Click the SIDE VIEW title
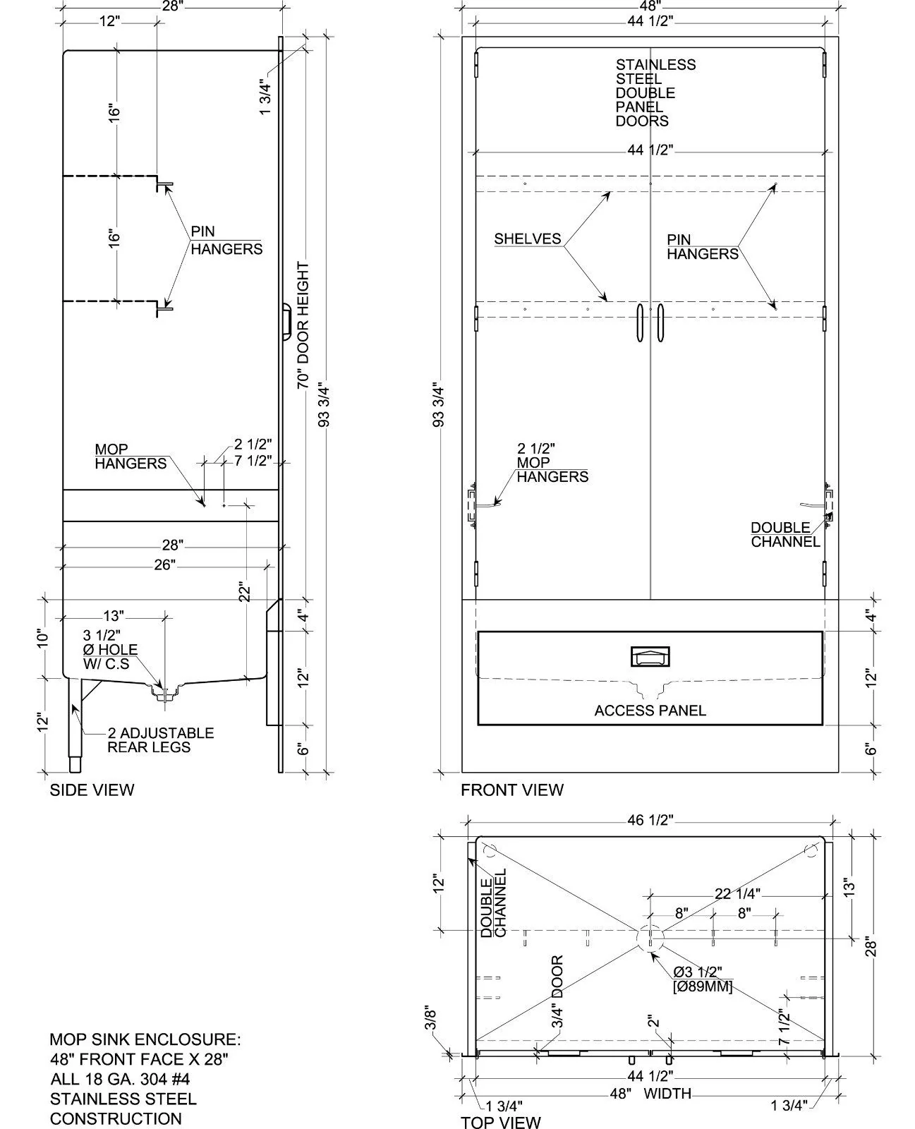pyautogui.click(x=92, y=790)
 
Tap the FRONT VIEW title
pyautogui.click(x=511, y=790)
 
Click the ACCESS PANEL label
pyautogui.click(x=650, y=711)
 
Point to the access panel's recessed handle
pyautogui.click(x=650, y=657)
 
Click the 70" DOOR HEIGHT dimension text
pyautogui.click(x=303, y=325)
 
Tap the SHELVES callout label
pyautogui.click(x=527, y=239)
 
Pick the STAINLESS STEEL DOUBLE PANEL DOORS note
pyautogui.click(x=655, y=92)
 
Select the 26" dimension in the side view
pyautogui.click(x=164, y=565)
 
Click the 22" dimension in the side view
pyautogui.click(x=244, y=592)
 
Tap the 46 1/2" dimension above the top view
pyautogui.click(x=650, y=820)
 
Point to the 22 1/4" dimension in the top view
pyautogui.click(x=737, y=893)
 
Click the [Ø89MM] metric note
pyautogui.click(x=703, y=986)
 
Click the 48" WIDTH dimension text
pyautogui.click(x=650, y=1093)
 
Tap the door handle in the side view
pyautogui.click(x=286, y=321)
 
